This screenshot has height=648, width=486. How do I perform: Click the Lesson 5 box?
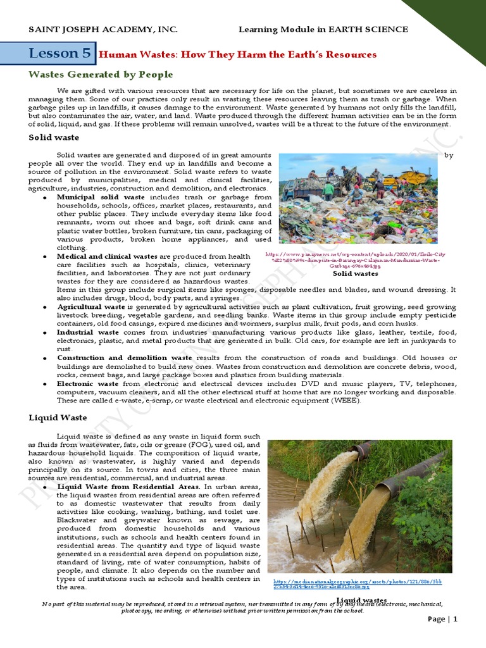(60, 54)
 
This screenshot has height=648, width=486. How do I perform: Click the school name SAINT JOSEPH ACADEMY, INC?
(103, 30)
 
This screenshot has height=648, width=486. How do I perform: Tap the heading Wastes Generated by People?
(101, 75)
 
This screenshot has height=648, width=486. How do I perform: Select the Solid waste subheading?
(54, 137)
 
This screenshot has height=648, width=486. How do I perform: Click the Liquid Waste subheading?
(58, 418)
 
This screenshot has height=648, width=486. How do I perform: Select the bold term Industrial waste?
(87, 332)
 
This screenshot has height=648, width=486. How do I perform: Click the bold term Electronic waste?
(87, 383)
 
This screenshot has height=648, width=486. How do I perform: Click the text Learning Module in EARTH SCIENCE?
(323, 30)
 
